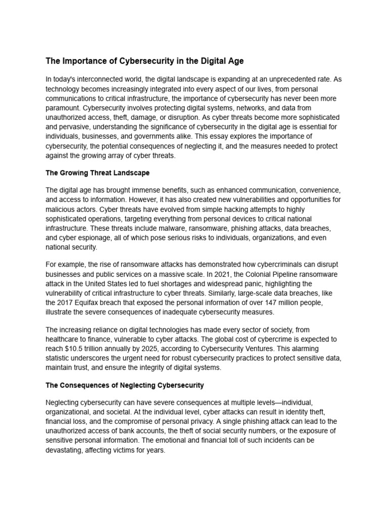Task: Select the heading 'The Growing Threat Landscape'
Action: click(x=98, y=173)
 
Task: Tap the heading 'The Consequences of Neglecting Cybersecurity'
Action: click(x=125, y=385)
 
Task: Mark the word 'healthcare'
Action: click(x=63, y=339)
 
